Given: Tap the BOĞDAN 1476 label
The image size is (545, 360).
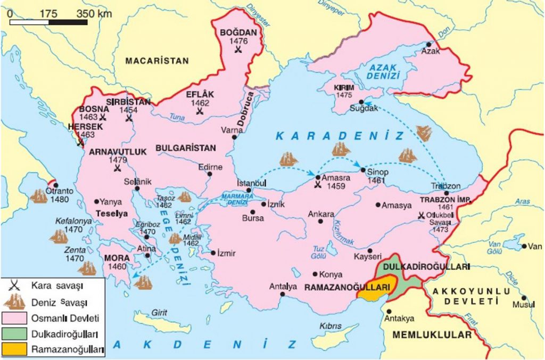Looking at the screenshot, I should (x=238, y=36).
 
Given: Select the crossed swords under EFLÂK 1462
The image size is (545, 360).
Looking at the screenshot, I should (x=200, y=111).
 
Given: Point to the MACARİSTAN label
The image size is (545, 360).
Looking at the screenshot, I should (x=157, y=61).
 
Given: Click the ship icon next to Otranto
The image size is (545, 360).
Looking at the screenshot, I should (x=38, y=197).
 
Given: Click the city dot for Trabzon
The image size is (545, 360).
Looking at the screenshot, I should (x=446, y=193).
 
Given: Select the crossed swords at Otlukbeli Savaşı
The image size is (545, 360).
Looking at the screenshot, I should (x=421, y=216).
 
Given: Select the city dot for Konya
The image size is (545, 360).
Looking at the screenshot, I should (x=315, y=275).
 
